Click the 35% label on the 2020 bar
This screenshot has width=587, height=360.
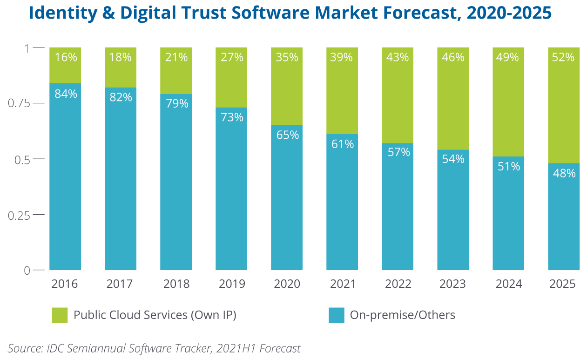(287, 58)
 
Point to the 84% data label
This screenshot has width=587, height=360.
(65, 94)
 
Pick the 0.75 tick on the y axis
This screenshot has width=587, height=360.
(19, 103)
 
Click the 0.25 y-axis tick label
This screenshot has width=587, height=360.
(19, 215)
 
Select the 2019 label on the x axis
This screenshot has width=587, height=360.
(231, 284)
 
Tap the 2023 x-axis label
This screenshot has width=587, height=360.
(453, 284)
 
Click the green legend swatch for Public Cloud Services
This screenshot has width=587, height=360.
(60, 315)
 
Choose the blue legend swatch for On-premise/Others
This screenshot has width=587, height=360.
(336, 315)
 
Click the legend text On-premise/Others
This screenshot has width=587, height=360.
(402, 315)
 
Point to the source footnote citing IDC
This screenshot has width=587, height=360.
(154, 348)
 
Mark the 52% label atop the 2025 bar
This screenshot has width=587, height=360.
(564, 58)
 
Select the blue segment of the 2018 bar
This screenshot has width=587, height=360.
(176, 186)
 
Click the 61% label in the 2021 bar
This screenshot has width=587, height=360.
(342, 144)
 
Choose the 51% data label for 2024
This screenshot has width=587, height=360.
(508, 166)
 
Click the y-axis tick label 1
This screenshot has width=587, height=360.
(27, 48)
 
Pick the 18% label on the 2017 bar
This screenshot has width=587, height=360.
(121, 58)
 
